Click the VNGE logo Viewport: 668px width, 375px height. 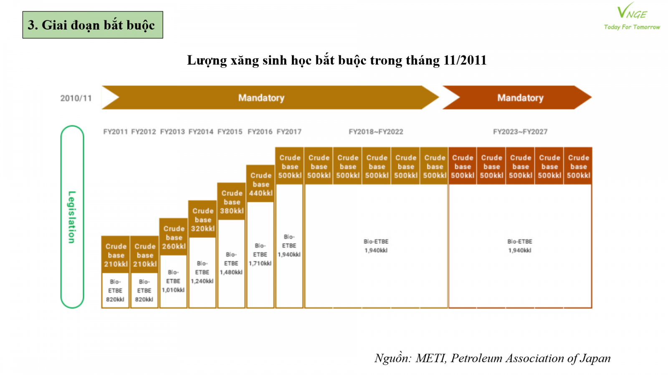632,12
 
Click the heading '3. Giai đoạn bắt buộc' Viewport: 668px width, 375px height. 92,25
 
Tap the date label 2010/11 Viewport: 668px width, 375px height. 76,98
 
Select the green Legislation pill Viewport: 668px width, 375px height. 72,217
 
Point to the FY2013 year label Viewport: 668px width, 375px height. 172,132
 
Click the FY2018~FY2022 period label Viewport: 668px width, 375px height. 376,132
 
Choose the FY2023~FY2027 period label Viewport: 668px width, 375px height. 520,132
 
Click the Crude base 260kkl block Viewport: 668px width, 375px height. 174,237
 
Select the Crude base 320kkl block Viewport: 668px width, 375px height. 203,220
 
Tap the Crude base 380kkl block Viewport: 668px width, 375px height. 232,202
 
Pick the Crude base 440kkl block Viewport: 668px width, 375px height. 261,184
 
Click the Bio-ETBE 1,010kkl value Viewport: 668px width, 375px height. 173,281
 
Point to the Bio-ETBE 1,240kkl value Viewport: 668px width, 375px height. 202,272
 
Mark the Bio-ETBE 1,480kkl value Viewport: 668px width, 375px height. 231,263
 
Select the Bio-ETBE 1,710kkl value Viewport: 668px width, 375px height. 260,255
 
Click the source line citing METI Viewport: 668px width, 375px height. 492,358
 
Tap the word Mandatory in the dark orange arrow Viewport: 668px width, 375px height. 520,98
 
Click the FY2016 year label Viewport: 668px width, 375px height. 260,132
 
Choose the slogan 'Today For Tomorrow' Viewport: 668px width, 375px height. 632,27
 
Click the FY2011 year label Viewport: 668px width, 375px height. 115,132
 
